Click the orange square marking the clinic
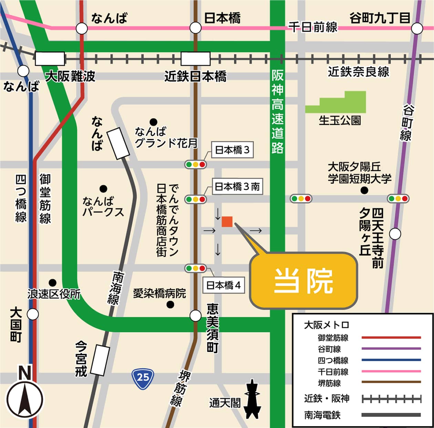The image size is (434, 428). click(x=227, y=222)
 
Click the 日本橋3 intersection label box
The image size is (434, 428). click(x=232, y=150)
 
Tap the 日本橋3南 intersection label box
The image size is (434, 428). click(x=237, y=186)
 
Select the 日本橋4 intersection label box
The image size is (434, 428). click(x=224, y=285)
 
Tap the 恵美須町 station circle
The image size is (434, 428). click(x=195, y=315)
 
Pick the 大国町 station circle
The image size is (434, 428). click(x=33, y=314)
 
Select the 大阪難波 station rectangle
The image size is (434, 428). click(x=50, y=58)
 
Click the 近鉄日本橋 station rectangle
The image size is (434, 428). click(x=195, y=58)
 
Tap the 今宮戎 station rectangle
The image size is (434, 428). click(x=100, y=360)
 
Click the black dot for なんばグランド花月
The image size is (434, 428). click(x=153, y=122)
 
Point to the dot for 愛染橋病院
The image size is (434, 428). click(x=170, y=304)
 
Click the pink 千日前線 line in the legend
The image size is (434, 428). click(x=391, y=371)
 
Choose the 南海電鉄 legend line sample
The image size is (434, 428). click(x=391, y=415)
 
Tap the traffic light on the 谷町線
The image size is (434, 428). click(x=398, y=199)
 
